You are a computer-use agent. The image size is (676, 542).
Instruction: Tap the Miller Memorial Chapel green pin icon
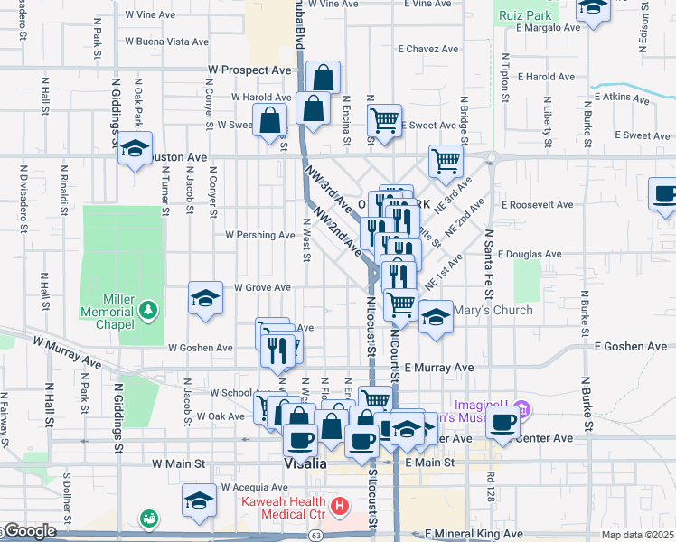tap(148, 313)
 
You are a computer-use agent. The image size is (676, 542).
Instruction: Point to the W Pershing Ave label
tap(260, 235)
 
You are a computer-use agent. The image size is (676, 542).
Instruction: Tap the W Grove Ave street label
tap(262, 288)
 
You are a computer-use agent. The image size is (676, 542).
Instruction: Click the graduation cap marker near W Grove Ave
tap(205, 298)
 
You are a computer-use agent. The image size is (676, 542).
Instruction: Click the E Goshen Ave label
tap(630, 346)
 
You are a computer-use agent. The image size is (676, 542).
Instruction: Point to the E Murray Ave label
tap(439, 368)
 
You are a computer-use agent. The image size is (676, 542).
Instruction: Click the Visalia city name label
tap(305, 463)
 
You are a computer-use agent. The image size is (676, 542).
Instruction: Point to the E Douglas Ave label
tap(529, 256)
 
